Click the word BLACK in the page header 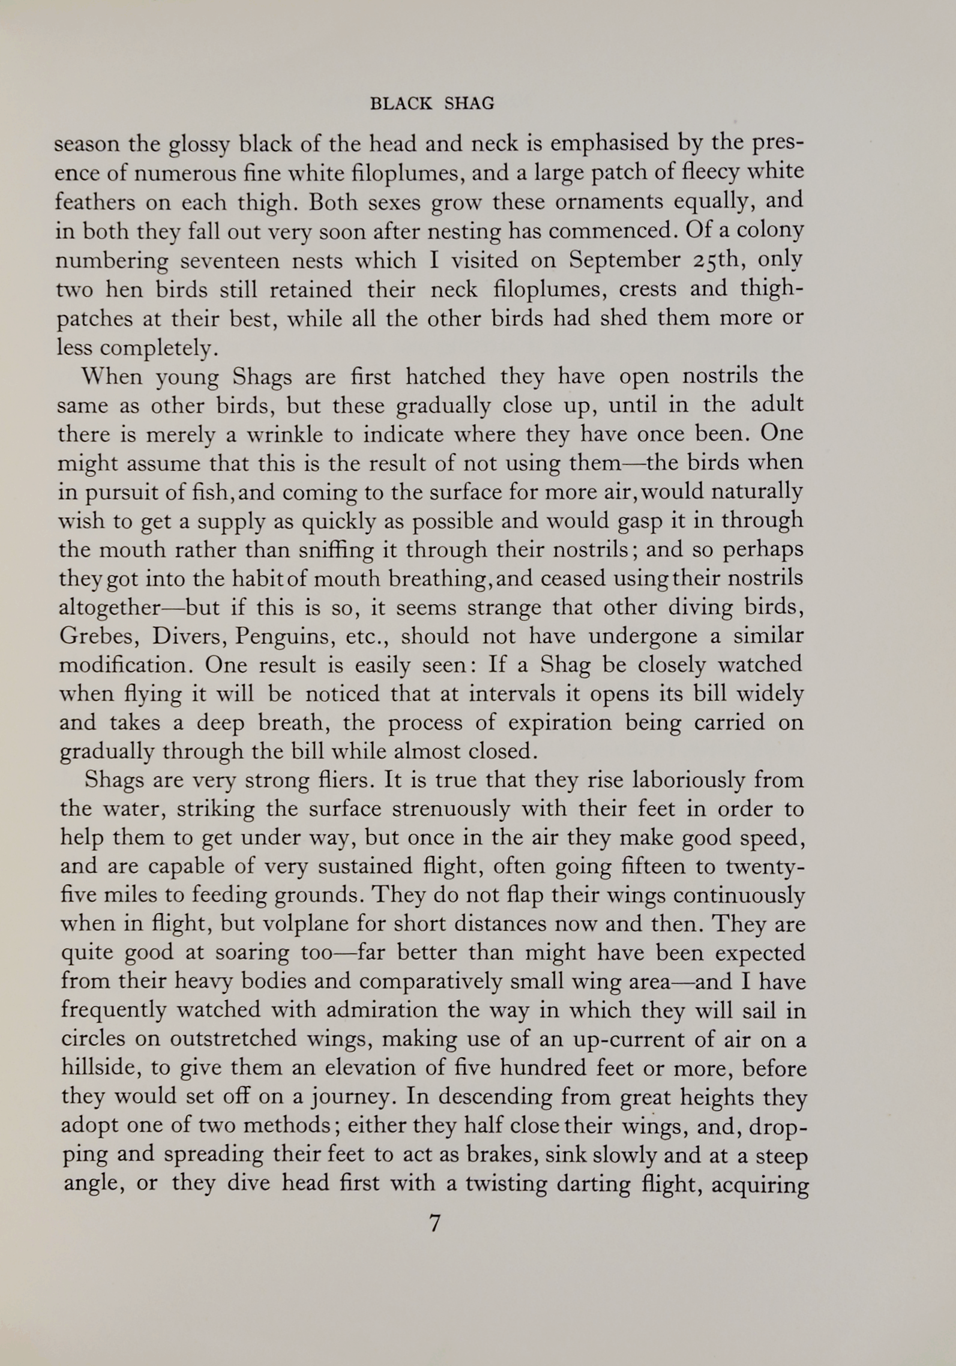click(401, 104)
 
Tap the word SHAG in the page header click(469, 104)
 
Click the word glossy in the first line click(197, 144)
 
